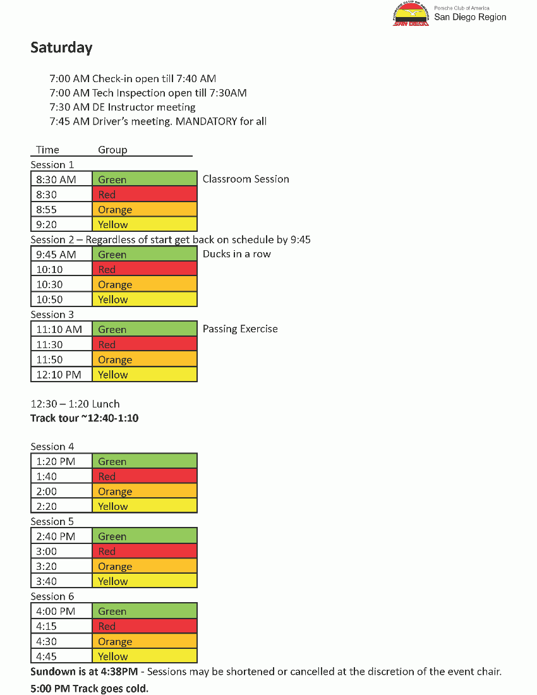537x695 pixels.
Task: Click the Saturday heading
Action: point(61,47)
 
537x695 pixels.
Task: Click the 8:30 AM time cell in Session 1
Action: point(61,179)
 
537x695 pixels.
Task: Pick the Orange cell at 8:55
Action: point(144,210)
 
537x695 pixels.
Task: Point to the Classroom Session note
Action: point(246,179)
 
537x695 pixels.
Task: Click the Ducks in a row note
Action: point(236,254)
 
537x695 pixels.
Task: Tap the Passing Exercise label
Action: point(240,329)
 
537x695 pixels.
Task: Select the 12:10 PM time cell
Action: point(61,375)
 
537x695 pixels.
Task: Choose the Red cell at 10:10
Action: point(144,270)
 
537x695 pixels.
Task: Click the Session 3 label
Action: point(52,315)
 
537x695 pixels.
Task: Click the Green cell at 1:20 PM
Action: point(144,462)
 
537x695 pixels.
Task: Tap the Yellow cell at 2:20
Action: point(144,507)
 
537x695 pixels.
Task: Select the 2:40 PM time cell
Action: point(61,536)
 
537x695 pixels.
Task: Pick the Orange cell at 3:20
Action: point(144,567)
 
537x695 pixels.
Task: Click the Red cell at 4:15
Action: point(144,627)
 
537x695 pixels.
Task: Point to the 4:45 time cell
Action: point(61,656)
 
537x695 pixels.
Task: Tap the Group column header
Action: point(112,150)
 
